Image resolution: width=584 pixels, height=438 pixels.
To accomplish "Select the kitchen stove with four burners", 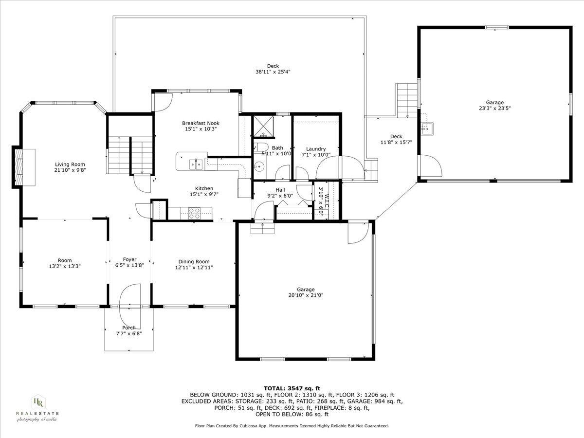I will point(194,213).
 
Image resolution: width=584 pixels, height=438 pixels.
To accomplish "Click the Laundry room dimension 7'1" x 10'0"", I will point(316,155).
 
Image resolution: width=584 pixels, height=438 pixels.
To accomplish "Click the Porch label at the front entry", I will point(129,328).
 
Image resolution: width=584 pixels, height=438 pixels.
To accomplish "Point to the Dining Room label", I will point(194,261).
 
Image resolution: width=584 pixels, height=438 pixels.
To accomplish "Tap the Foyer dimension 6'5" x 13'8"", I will point(129,266).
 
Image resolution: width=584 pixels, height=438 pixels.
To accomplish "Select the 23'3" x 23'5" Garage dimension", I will point(494,109).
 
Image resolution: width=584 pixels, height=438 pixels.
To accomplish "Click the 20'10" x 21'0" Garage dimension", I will point(306,295).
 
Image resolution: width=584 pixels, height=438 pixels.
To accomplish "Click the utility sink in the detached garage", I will point(428,128).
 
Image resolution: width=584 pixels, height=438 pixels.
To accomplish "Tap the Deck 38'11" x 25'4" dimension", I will point(273,72).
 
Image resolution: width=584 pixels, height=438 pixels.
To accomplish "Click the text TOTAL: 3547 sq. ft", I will point(292,388).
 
